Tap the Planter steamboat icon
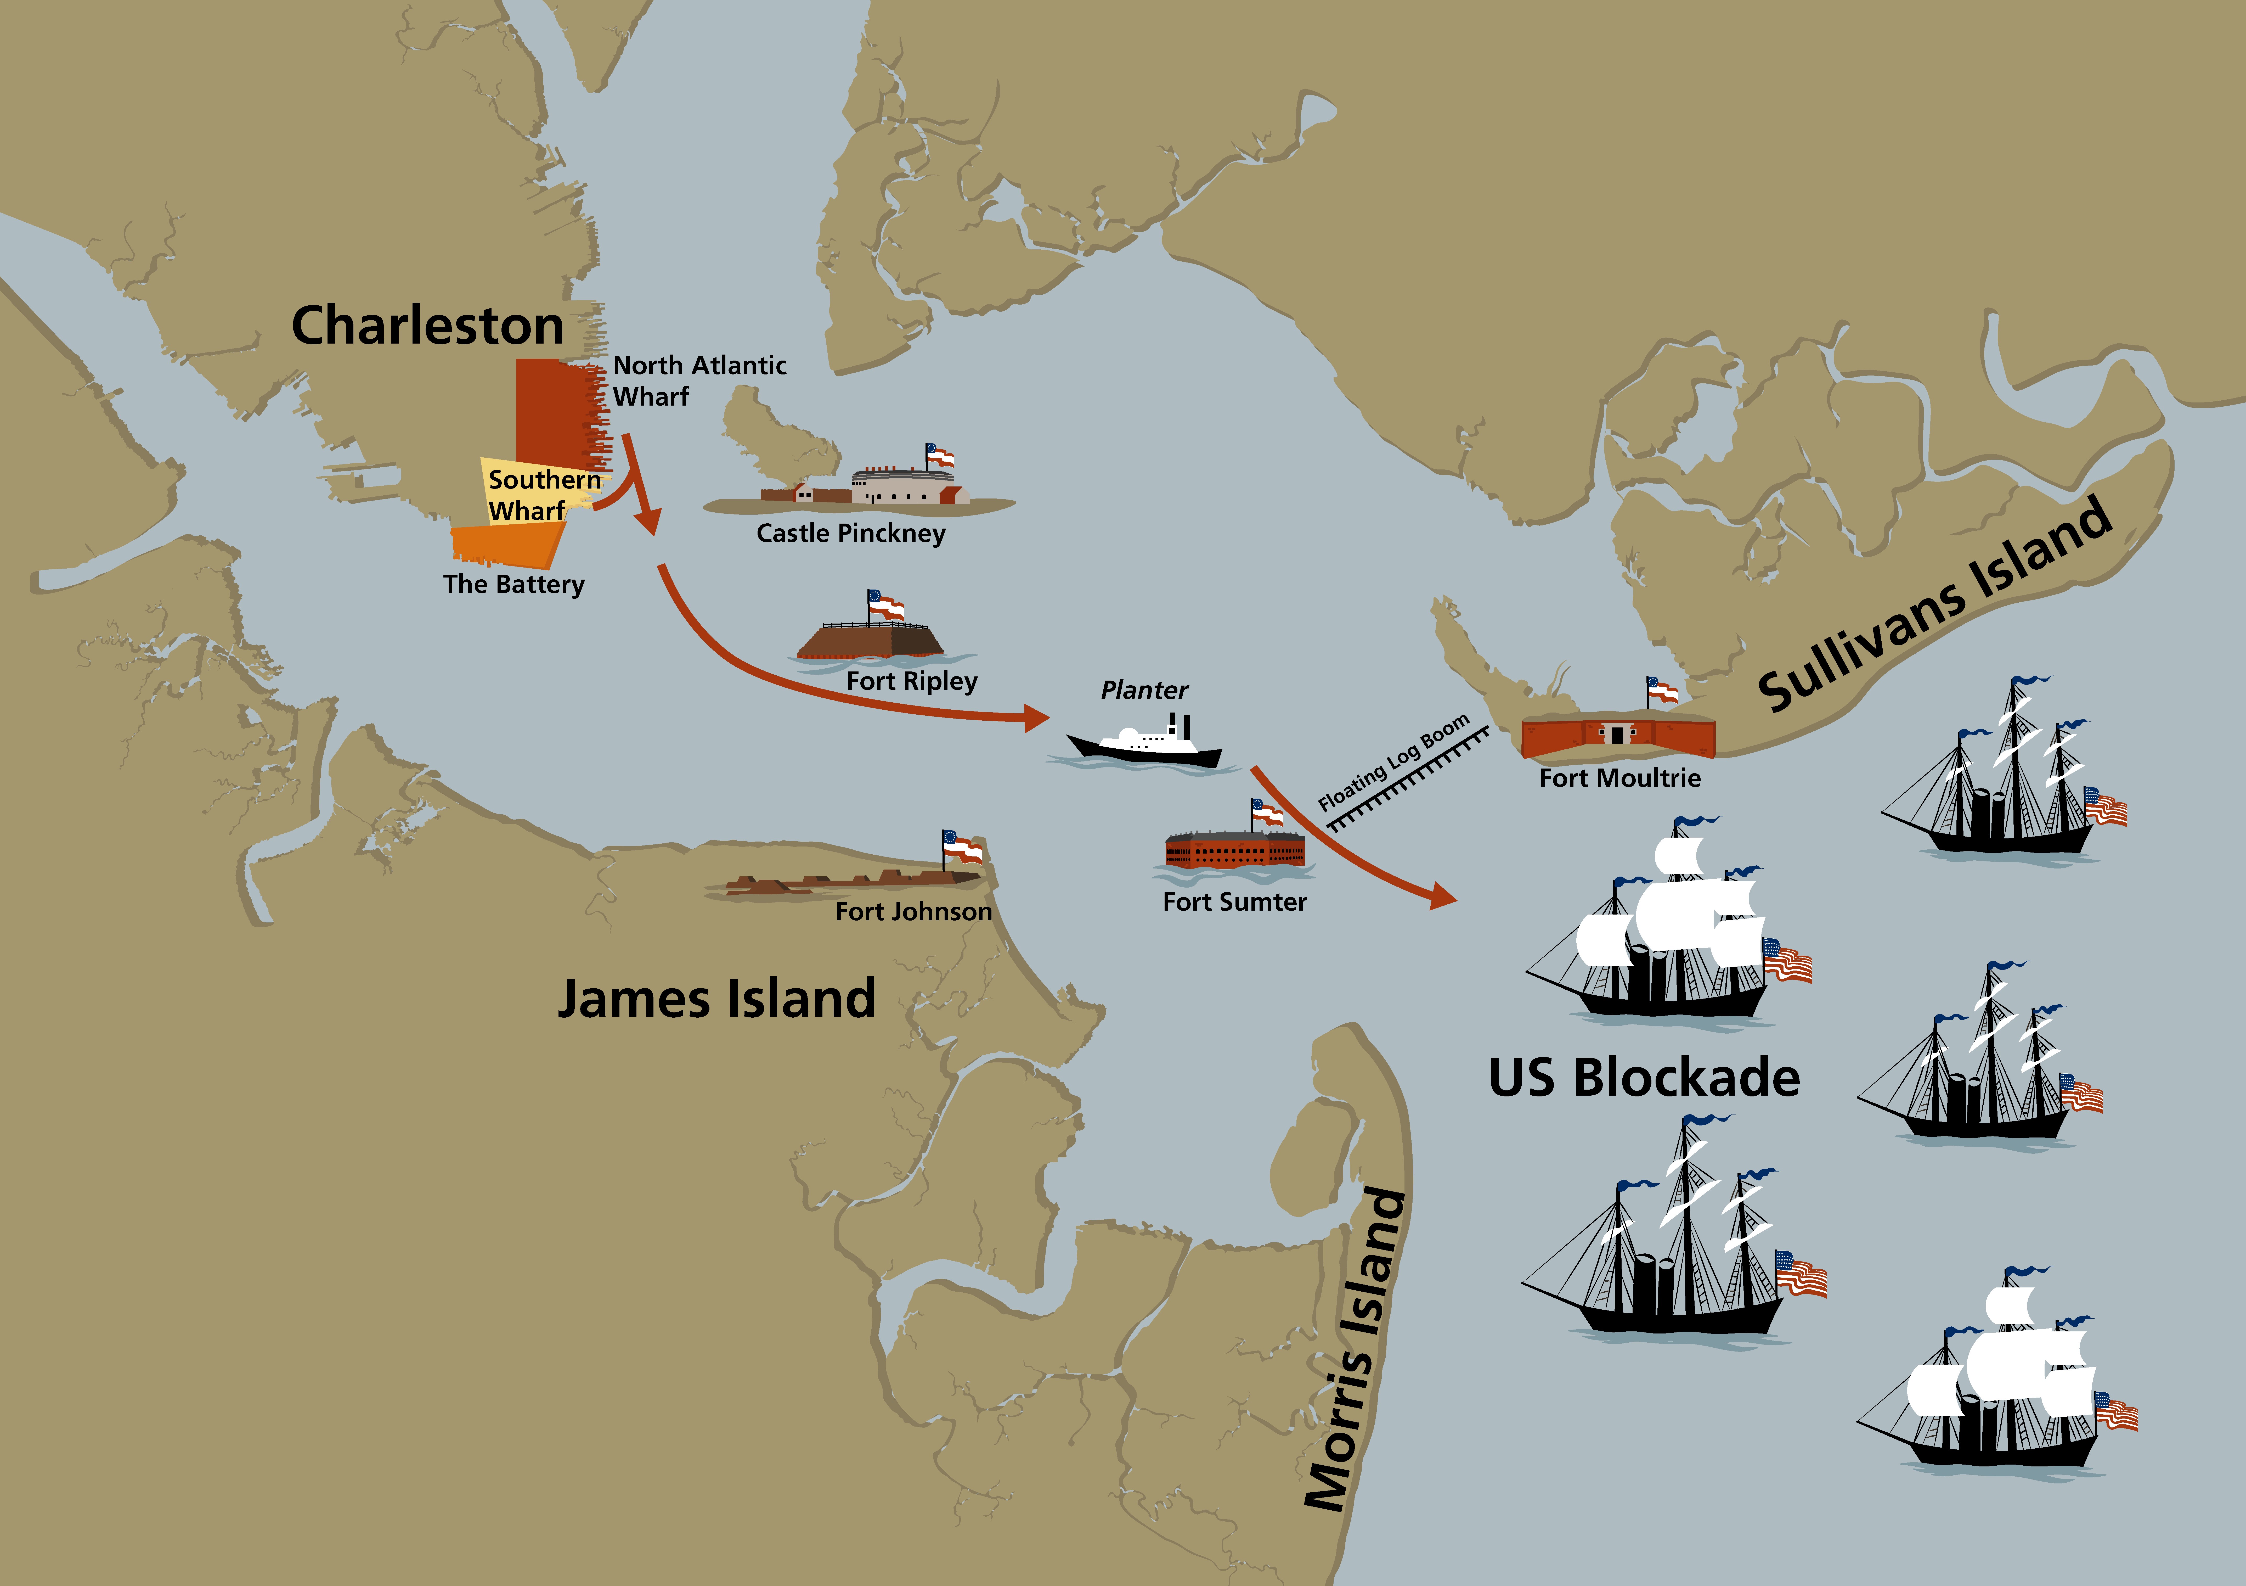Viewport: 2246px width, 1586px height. click(1144, 744)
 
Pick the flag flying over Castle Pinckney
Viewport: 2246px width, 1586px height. click(940, 456)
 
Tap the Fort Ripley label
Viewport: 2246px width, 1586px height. click(912, 681)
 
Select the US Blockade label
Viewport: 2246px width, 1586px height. click(1643, 1077)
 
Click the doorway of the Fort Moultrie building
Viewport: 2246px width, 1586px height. click(1618, 734)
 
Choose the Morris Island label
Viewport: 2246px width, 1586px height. click(1356, 1350)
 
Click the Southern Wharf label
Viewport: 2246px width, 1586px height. click(544, 494)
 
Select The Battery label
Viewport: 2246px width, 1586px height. click(513, 584)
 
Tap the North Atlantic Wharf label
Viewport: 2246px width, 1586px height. click(699, 380)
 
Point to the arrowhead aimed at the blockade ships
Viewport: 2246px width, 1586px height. click(1443, 894)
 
